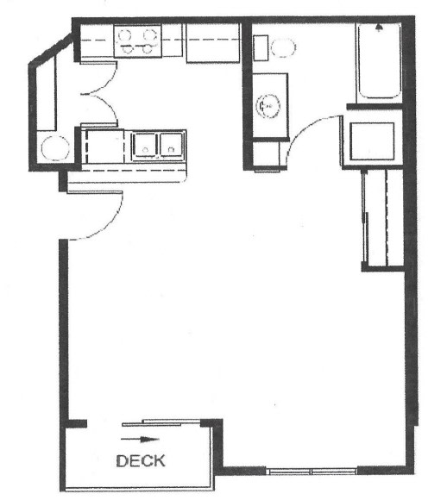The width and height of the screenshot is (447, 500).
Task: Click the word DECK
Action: point(141,461)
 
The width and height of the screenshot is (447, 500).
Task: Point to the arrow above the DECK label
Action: point(140,439)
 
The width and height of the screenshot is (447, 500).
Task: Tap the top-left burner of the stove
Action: point(125,34)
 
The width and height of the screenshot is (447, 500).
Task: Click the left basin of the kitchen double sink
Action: point(145,145)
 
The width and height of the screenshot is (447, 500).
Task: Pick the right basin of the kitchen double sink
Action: point(172,145)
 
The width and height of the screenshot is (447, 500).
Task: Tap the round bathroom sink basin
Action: point(268,106)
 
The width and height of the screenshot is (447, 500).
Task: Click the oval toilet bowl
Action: point(283,47)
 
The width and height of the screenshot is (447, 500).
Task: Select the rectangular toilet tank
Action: point(261,47)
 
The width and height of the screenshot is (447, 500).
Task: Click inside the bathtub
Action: point(380,62)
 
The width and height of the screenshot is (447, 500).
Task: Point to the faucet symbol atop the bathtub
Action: point(379,28)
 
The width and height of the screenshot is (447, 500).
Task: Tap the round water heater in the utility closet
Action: point(55,148)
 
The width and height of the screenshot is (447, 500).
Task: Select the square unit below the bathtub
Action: point(372,141)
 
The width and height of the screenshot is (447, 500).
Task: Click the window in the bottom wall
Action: point(312,472)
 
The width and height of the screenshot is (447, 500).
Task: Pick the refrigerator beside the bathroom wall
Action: point(212,43)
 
